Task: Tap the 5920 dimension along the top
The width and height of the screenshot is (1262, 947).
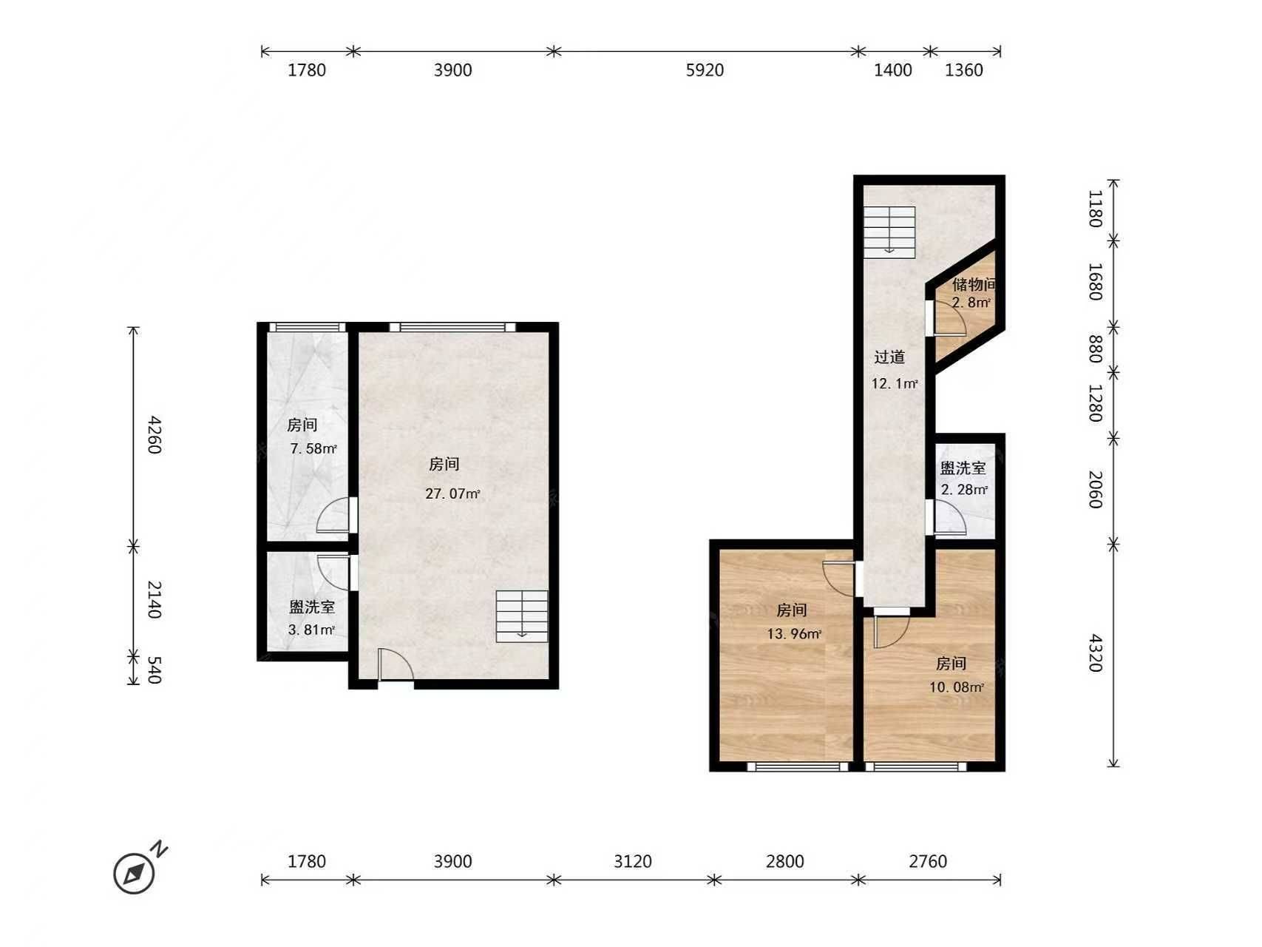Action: coord(705,70)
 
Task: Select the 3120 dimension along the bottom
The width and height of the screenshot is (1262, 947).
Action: coord(633,861)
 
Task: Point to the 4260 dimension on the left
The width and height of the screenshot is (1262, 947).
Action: coord(153,434)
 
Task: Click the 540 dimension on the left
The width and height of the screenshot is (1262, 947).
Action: coord(153,670)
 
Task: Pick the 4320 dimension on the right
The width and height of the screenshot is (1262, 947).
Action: coord(1095,653)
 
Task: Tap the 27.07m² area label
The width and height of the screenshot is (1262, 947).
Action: coord(452,493)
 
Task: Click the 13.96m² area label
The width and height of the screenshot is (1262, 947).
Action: coord(794,633)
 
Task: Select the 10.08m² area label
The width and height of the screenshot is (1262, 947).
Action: coord(957,687)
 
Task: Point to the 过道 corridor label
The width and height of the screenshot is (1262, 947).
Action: coord(889,357)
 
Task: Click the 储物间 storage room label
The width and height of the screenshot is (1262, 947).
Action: coord(974,284)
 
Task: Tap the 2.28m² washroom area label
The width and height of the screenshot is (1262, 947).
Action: coord(964,489)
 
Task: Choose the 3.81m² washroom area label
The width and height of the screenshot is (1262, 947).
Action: coord(311,630)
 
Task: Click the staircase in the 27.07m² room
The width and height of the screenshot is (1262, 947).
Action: coord(522,616)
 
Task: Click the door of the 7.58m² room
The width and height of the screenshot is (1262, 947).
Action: coord(334,516)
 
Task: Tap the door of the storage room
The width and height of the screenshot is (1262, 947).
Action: coord(949,318)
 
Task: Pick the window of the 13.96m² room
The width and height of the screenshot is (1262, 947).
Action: coord(798,766)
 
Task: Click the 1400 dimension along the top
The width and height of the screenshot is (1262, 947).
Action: coord(893,70)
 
